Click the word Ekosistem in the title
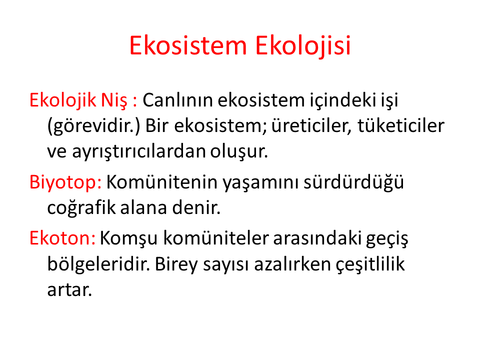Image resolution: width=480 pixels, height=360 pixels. [188, 45]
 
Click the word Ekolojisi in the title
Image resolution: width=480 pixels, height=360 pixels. [303, 46]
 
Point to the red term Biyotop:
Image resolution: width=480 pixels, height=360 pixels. [65, 183]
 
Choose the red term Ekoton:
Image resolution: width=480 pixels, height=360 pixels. [62, 238]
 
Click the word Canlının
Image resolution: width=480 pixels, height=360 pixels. [177, 100]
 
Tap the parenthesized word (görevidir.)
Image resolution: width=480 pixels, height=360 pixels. [93, 126]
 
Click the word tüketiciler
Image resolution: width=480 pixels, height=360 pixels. [401, 126]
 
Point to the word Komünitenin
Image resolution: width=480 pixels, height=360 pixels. [162, 182]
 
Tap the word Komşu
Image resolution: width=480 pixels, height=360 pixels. [128, 238]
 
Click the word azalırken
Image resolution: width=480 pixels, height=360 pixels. [292, 264]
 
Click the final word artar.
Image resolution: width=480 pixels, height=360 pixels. [69, 289]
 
